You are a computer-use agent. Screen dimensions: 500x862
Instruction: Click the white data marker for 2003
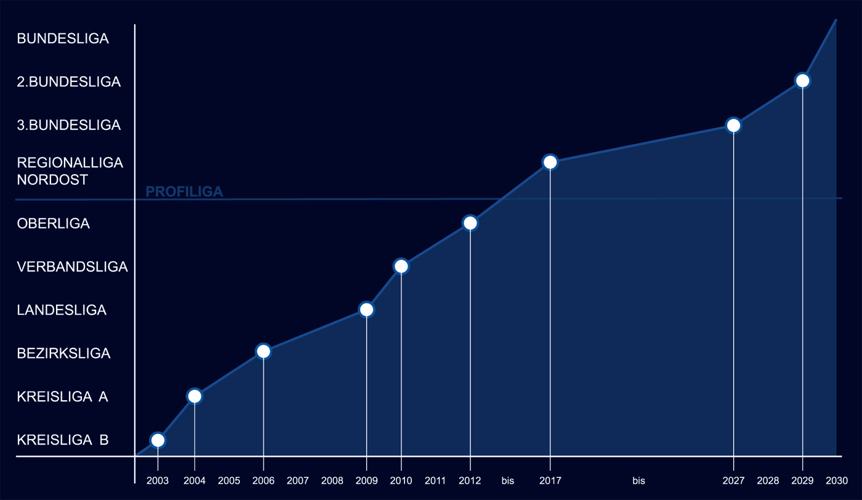coord(158,440)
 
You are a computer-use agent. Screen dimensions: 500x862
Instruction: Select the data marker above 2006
coord(263,351)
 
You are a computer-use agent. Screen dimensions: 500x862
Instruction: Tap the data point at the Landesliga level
coord(366,309)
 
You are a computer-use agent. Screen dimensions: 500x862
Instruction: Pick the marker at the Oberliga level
coord(470,223)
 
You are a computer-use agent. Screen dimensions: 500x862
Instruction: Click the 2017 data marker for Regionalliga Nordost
coord(550,162)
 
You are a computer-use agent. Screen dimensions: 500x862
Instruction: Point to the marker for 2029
coord(802,80)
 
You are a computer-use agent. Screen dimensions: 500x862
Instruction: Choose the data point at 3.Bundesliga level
coord(733,125)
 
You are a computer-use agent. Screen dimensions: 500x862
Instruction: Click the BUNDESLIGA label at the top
coord(63,38)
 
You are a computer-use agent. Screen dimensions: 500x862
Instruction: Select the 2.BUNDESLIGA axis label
coord(68,81)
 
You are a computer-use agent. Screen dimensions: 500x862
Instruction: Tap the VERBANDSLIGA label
coord(72,267)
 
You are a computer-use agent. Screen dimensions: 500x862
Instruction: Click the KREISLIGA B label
coord(63,440)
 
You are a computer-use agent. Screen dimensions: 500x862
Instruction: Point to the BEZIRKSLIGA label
coord(63,353)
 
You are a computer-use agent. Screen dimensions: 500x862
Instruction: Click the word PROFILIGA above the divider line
coord(184,192)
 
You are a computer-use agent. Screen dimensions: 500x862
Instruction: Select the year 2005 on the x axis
coord(229,480)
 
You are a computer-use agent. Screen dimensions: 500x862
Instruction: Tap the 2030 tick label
coord(836,480)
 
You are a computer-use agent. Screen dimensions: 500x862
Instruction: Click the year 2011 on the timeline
coord(435,480)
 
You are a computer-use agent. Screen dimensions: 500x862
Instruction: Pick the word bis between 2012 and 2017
coord(507,480)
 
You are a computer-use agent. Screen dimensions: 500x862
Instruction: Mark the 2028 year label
coord(768,480)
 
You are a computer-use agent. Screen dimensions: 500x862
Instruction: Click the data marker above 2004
coord(195,396)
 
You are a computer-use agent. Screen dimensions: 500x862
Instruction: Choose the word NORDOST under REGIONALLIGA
coord(52,180)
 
